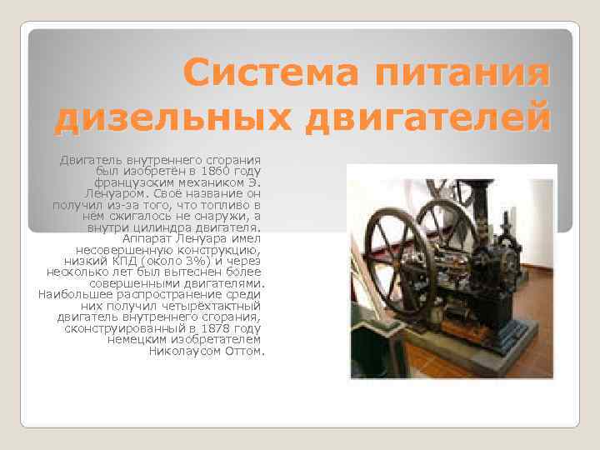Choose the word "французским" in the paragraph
click(145, 181)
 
